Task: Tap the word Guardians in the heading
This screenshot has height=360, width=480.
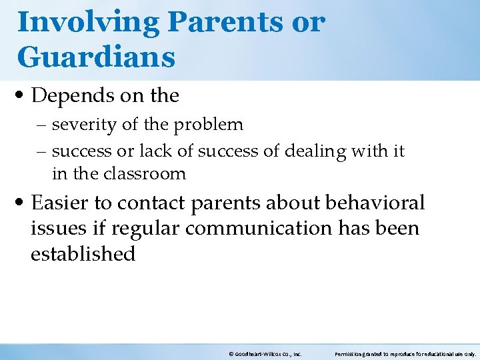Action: pyautogui.click(x=96, y=57)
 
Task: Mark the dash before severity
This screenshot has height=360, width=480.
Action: pyautogui.click(x=43, y=125)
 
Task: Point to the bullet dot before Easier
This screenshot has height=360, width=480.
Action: pyautogui.click(x=22, y=203)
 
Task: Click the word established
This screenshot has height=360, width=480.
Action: pyautogui.click(x=83, y=254)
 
